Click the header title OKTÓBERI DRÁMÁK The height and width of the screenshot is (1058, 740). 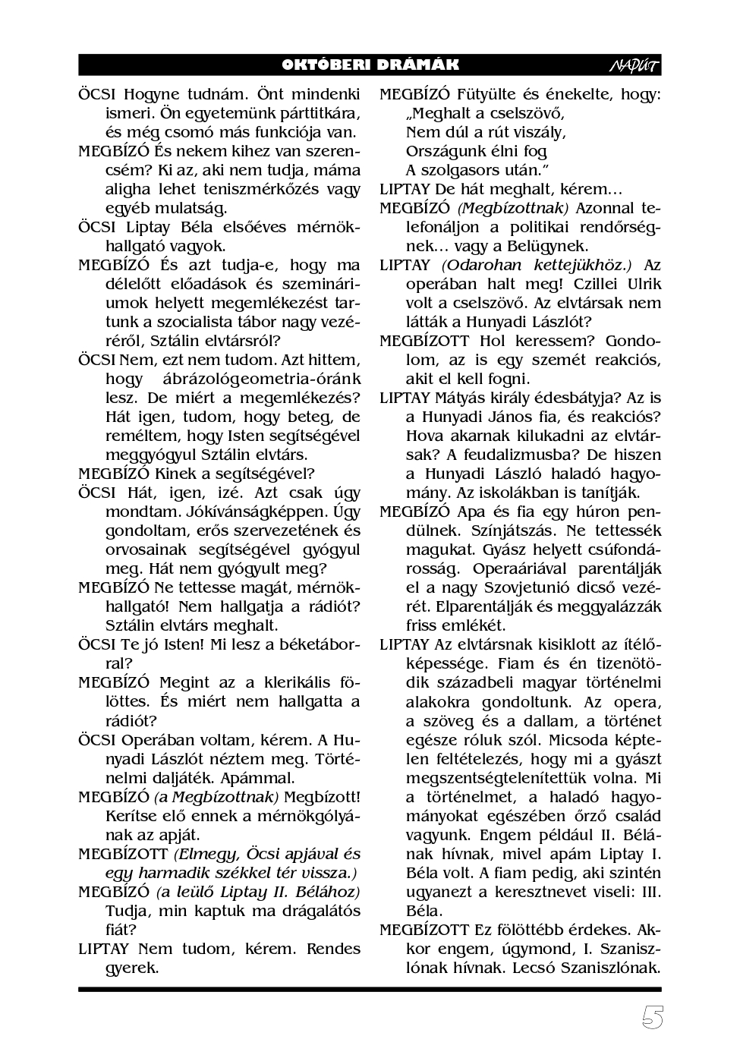click(370, 65)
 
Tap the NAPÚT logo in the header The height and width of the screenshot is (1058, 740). click(634, 66)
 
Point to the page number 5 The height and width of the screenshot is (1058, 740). click(652, 1019)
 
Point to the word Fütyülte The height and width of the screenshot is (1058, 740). click(489, 94)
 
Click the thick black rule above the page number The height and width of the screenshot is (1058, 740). click(370, 989)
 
